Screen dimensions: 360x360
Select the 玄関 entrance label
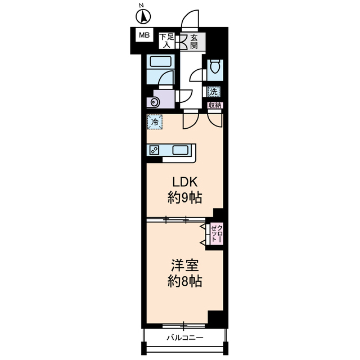point(194,42)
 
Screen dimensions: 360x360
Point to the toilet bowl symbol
point(215,67)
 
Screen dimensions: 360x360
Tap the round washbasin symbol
point(154,102)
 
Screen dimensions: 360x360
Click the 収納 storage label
point(215,105)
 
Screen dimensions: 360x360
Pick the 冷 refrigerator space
point(154,121)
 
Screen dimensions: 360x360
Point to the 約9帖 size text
point(184,198)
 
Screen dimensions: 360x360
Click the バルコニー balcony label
point(185,337)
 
